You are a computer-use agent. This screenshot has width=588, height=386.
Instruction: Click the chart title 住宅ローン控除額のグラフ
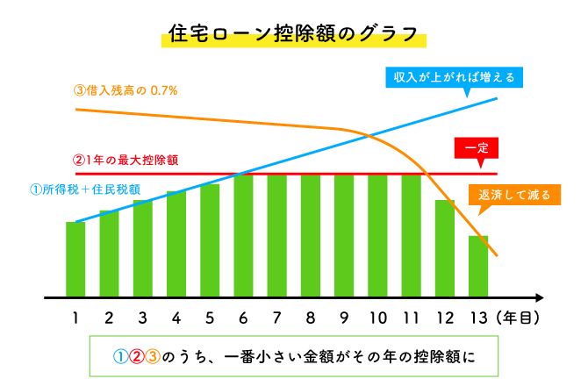[x=293, y=36]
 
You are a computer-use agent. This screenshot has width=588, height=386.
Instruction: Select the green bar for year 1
[x=75, y=259]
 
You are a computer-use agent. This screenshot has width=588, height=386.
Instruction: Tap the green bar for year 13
[x=477, y=265]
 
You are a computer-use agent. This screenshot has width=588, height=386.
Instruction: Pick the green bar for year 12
[x=444, y=247]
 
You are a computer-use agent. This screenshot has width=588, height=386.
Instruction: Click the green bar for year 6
[x=243, y=235]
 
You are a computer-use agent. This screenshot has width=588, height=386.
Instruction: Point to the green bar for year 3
[x=143, y=247]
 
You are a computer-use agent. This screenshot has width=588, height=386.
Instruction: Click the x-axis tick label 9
[x=344, y=317]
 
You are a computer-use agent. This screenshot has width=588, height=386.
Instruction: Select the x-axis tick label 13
[x=477, y=317]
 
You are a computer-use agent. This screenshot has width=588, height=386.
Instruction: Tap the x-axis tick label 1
[x=75, y=317]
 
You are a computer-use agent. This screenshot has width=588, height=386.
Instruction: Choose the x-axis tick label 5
[x=210, y=317]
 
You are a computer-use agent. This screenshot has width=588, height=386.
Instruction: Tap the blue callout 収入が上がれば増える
[x=455, y=77]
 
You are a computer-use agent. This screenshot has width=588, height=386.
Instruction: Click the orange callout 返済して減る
[x=515, y=195]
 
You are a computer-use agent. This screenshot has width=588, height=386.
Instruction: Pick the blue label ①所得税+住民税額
[x=85, y=189]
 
